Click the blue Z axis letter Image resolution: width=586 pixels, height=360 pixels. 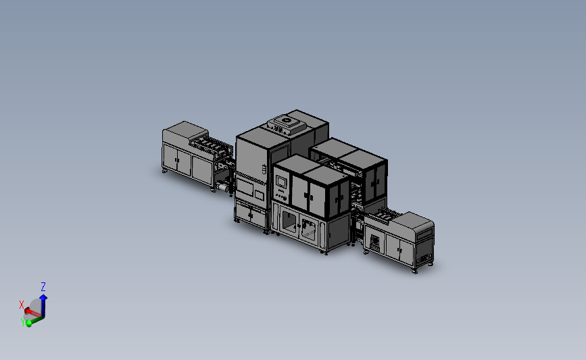coord(43,287)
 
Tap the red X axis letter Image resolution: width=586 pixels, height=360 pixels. coord(22,305)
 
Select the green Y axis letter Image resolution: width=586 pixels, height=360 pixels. coord(24,324)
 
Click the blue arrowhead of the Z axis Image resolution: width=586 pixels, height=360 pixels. coord(43,297)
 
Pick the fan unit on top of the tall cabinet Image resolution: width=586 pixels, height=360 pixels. coord(285,123)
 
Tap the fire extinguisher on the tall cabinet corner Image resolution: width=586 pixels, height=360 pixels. coord(262,169)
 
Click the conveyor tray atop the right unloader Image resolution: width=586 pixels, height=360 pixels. coord(385,217)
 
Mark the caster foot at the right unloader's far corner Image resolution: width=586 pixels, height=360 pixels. coord(414,272)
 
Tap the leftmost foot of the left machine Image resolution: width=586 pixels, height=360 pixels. coord(165,172)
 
